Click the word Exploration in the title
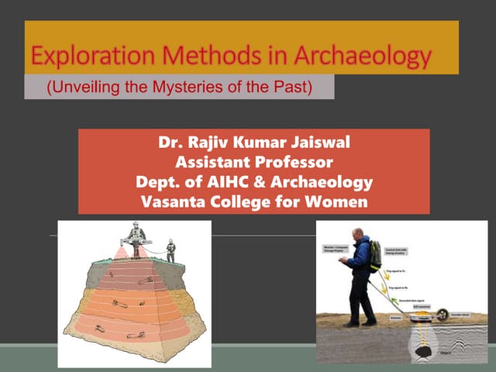tap(81, 57)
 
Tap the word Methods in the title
tap(191, 57)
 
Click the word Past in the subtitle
tap(291, 87)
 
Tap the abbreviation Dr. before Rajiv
tap(170, 144)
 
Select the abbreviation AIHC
tap(229, 183)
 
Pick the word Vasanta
tap(170, 202)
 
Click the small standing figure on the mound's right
tap(170, 250)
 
